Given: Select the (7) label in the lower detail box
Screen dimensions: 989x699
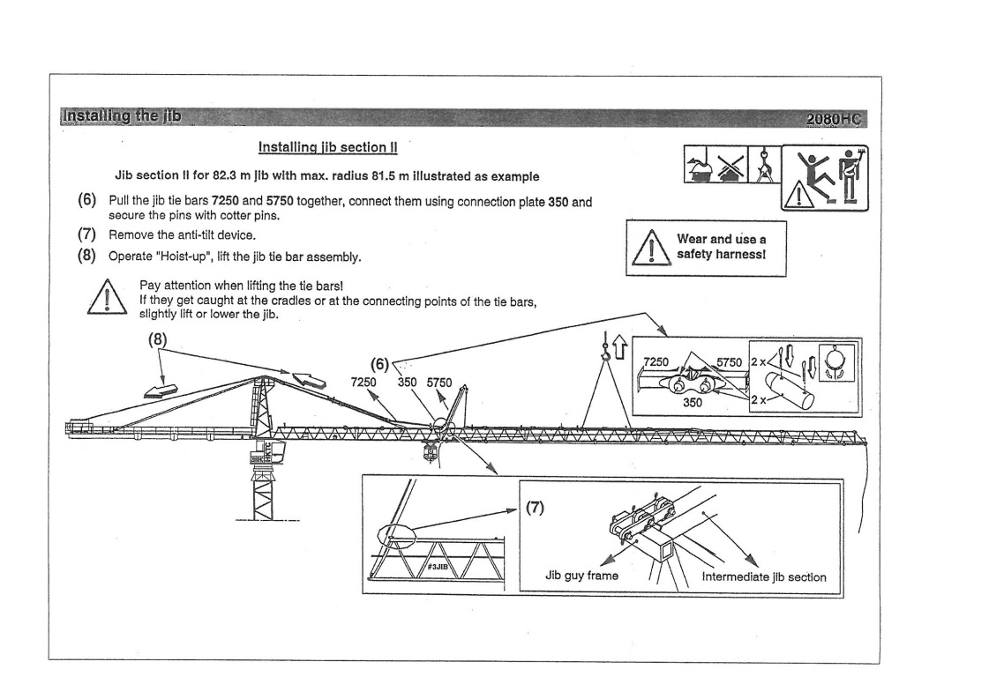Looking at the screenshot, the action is (x=537, y=508).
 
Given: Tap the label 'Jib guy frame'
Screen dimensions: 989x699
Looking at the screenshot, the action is (x=580, y=577).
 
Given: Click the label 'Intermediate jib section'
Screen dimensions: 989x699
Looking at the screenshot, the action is (x=764, y=577).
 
